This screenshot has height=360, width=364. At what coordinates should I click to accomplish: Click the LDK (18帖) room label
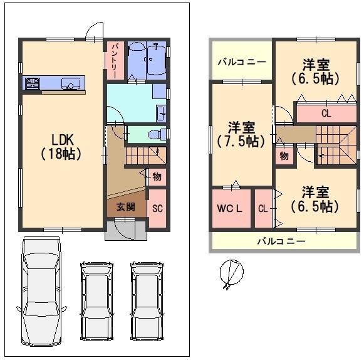point(61,147)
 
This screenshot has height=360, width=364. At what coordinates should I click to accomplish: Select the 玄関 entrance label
point(125,206)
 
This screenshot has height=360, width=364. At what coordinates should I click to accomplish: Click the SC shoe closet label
point(157,208)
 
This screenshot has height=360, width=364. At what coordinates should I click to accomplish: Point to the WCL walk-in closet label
point(229,208)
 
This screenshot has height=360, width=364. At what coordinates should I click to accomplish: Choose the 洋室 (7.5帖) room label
point(241,134)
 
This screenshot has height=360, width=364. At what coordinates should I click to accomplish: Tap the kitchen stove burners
point(33,83)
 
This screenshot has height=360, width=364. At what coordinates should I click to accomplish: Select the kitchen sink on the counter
point(71,83)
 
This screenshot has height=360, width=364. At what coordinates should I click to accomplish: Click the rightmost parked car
point(147,302)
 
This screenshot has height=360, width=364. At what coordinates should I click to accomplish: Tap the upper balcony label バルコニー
point(242,62)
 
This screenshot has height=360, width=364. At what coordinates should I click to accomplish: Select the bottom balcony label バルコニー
point(281,241)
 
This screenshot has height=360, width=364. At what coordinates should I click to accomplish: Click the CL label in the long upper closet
point(326,114)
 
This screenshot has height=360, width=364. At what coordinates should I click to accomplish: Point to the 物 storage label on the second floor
point(284,156)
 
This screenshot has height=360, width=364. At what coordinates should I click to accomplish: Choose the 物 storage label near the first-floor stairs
point(157,177)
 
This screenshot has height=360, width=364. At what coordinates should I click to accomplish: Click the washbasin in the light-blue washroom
point(162,114)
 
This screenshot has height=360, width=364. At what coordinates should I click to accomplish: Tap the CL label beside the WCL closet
point(263,208)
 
